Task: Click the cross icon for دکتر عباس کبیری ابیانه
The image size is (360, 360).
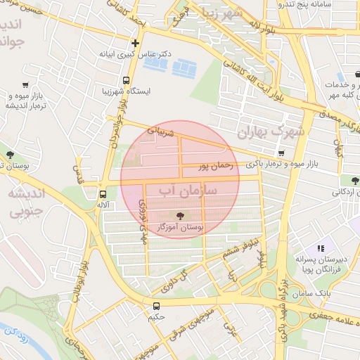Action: pos(136,42)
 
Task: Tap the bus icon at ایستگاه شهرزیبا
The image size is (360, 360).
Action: pos(126,80)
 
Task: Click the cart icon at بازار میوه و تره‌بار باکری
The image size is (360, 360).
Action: pos(281,153)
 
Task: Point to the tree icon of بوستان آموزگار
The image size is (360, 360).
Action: pos(180,215)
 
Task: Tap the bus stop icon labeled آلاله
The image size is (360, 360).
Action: pos(103,194)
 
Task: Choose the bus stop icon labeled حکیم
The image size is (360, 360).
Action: pos(156,306)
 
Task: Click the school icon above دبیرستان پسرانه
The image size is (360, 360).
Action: pos(321,248)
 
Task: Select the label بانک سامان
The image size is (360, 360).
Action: pos(313,292)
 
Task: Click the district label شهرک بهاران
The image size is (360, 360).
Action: pos(270,131)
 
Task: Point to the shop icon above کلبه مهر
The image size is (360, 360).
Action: pos(341,77)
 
